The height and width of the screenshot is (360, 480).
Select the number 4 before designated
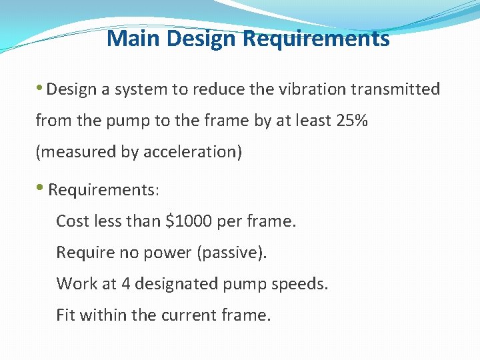click(125, 283)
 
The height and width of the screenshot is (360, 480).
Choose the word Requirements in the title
click(316, 39)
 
